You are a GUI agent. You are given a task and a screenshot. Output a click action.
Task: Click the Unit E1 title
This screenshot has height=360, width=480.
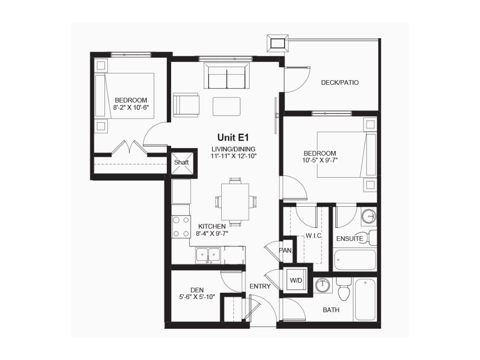click(x=232, y=137)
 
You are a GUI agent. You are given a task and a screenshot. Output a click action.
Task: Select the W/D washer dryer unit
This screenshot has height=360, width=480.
click(x=296, y=280)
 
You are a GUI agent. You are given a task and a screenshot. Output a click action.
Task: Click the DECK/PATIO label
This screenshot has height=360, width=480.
click(x=340, y=82)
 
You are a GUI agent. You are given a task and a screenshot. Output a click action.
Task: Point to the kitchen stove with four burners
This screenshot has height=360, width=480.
click(x=181, y=226)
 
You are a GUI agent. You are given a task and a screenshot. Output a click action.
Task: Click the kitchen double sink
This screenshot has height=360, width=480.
click(x=208, y=255)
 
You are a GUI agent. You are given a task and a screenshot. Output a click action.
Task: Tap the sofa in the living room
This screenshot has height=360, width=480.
click(x=226, y=75)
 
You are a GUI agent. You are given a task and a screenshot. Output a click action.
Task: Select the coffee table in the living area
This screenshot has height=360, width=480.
click(x=226, y=106)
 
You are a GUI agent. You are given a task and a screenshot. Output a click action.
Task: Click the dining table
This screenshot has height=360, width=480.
click(x=235, y=202)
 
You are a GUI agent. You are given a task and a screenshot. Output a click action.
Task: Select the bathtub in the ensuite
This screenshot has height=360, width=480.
click(x=355, y=260)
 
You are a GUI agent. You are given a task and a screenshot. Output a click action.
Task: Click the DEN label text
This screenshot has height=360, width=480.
click(x=197, y=290)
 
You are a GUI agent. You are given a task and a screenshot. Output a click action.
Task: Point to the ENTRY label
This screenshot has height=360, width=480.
click(x=260, y=286)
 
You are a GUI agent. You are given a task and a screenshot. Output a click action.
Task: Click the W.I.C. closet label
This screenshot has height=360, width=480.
click(x=314, y=236)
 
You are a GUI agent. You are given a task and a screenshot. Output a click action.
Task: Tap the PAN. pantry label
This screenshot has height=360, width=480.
click(x=286, y=250)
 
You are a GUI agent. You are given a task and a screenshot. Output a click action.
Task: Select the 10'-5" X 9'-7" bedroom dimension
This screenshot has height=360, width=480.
click(x=320, y=160)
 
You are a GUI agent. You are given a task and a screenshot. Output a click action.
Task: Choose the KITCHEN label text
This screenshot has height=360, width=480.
click(x=212, y=226)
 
